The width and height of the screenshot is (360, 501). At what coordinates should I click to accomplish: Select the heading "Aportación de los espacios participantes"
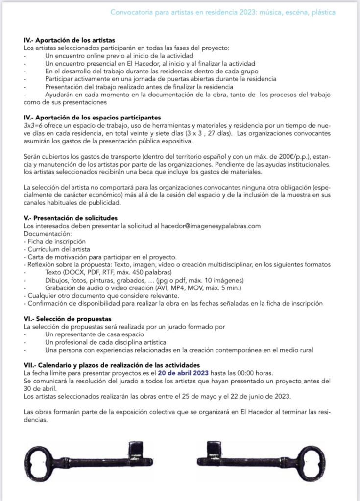coord(93,118)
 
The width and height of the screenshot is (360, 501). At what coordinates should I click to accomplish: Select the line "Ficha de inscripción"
coord(49,241)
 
